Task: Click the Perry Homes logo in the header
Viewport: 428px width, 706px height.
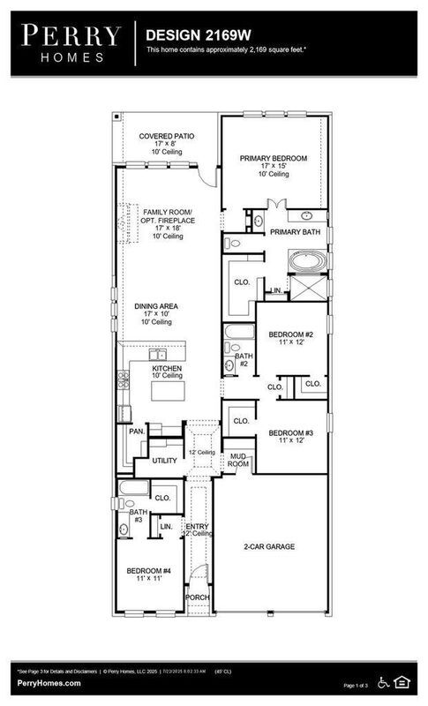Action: point(71,42)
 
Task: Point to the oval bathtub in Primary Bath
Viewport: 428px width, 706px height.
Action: point(310,262)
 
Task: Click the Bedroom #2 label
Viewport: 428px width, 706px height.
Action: point(291,334)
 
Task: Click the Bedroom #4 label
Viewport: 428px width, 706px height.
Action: point(148,572)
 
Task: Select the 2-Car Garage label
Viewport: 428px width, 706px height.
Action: point(269,547)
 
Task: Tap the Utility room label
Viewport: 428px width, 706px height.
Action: point(165,461)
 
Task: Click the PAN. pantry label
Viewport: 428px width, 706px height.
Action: point(136,432)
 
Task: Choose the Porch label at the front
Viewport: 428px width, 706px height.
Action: point(196,597)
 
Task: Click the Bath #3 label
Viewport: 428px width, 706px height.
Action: point(139,515)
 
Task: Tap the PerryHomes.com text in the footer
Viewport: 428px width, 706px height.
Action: point(49,683)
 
